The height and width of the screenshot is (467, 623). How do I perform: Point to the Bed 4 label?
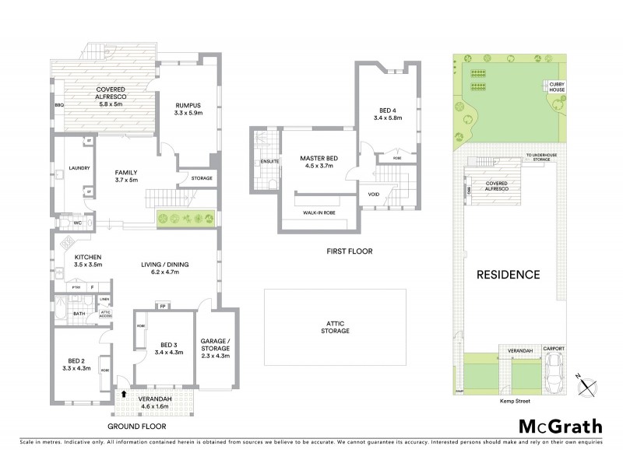[x=390, y=114]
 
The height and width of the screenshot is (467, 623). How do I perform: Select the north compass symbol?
[x=589, y=381]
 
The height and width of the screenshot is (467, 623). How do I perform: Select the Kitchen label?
[x=89, y=262]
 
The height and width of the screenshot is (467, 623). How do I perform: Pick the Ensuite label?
[x=259, y=162]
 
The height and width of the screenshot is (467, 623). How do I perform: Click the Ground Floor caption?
[x=138, y=427]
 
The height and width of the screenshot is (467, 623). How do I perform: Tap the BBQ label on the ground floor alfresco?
[x=58, y=104]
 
